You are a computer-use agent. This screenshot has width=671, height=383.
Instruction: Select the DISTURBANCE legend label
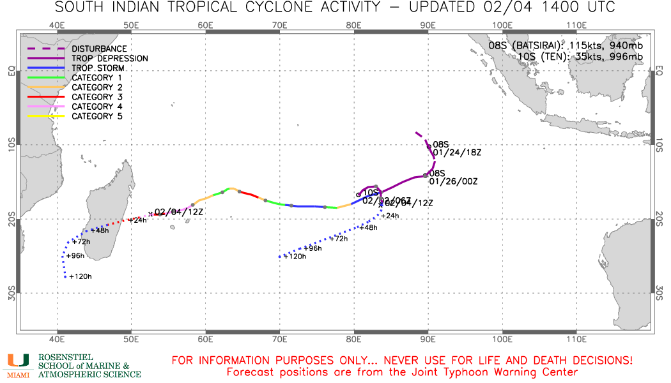tap(99, 49)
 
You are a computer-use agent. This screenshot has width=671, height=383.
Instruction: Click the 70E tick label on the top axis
tap(280, 25)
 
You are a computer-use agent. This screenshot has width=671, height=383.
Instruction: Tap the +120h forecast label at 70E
tap(295, 256)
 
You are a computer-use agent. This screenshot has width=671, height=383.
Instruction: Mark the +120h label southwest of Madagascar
tap(80, 276)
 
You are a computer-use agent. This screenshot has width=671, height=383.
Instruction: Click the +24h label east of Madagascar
tap(139, 220)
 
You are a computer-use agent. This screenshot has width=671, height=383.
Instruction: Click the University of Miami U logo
tap(18, 361)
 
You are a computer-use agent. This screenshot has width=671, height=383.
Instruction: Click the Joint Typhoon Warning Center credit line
tap(402, 372)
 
